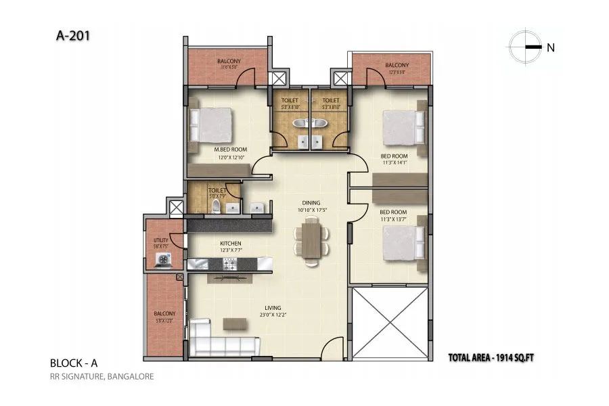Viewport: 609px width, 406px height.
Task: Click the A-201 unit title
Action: pos(71,35)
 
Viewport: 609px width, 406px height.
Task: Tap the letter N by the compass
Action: pos(551,47)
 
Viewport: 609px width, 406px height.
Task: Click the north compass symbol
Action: pos(525,47)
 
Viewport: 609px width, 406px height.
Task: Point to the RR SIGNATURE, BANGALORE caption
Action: pos(101,377)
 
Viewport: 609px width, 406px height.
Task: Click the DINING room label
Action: pos(311,203)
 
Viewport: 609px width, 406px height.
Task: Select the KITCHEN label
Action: pos(231,244)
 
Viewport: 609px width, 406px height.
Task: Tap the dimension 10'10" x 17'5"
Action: pos(311,210)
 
